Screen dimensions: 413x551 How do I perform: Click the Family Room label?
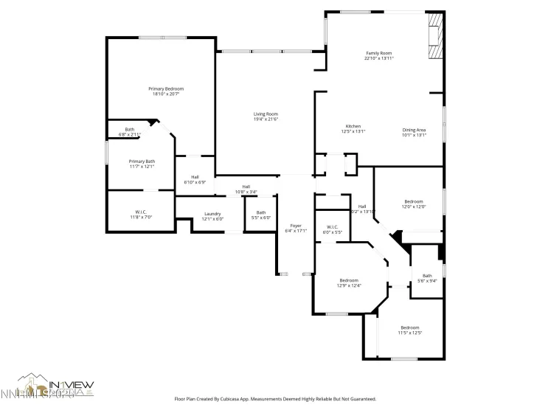379,53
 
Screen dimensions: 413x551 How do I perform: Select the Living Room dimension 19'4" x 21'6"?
266,119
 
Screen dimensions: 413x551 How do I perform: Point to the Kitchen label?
353,127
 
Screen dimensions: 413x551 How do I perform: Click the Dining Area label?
414,130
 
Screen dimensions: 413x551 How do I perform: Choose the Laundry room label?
212,214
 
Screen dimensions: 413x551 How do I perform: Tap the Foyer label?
295,226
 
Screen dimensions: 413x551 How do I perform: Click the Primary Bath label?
142,162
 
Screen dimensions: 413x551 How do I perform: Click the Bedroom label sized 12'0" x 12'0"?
413,201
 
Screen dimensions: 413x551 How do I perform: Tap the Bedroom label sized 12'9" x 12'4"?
349,280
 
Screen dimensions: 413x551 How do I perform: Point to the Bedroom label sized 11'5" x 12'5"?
410,327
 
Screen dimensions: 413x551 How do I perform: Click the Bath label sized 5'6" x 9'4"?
427,276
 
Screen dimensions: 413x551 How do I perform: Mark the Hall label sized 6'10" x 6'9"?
195,177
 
